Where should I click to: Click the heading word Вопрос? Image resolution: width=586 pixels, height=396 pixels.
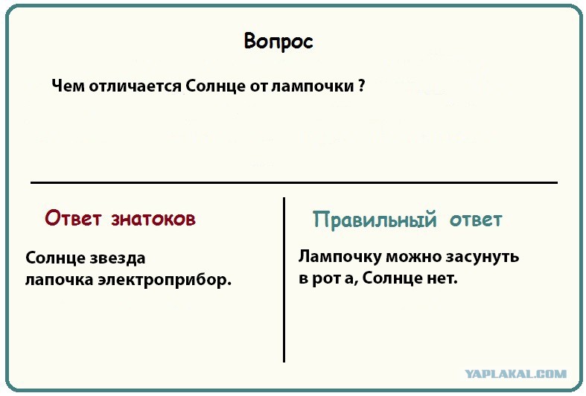[x=278, y=42]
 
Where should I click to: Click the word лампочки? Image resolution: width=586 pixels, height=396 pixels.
[x=313, y=86]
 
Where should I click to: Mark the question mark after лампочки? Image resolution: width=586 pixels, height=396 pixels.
[x=361, y=86]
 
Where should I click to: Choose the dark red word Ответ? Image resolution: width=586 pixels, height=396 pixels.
[x=73, y=218]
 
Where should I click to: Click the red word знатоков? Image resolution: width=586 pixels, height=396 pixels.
[x=153, y=220]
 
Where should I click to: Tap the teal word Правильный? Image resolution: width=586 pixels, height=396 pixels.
[x=375, y=220]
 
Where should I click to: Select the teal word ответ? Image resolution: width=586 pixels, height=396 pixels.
[x=476, y=220]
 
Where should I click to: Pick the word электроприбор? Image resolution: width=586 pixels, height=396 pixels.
[x=165, y=280]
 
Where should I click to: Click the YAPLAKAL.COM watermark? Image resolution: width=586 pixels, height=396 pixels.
[x=516, y=374]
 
